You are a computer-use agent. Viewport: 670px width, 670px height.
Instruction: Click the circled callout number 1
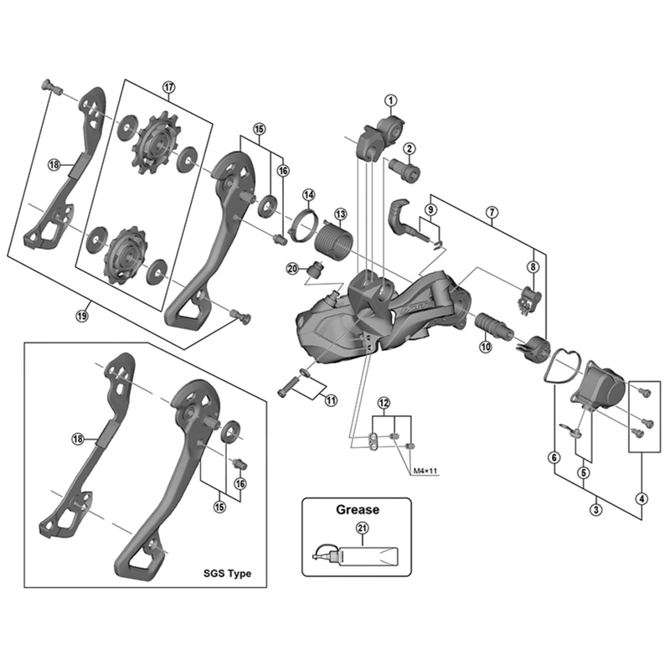coord(390,100)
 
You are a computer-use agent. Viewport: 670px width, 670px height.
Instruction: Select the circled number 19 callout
coord(81,315)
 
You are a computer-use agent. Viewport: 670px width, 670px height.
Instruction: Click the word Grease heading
coord(358,508)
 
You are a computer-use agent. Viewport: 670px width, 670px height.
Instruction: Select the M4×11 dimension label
coord(425,472)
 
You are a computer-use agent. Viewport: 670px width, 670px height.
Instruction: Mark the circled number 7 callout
coord(492,212)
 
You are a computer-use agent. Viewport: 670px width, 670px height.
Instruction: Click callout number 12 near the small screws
coord(384,404)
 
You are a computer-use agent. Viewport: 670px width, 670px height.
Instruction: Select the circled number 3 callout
coord(595,509)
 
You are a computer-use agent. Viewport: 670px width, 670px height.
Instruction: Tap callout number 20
coord(291,269)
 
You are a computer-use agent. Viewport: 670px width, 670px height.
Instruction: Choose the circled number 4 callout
coord(642,500)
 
